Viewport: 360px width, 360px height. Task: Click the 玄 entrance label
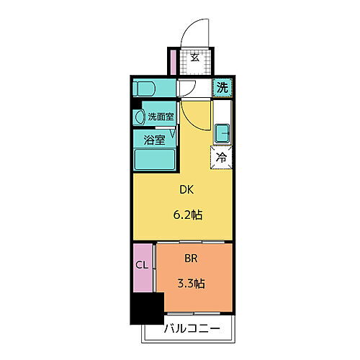click(194, 58)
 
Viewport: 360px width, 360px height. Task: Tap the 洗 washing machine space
click(222, 88)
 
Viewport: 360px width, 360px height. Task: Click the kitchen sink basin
click(222, 132)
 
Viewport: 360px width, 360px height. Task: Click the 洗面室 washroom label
click(161, 117)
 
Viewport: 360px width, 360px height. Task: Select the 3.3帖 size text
click(191, 283)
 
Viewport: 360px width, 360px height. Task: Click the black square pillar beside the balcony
click(146, 307)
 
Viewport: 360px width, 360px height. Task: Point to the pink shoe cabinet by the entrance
click(173, 61)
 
